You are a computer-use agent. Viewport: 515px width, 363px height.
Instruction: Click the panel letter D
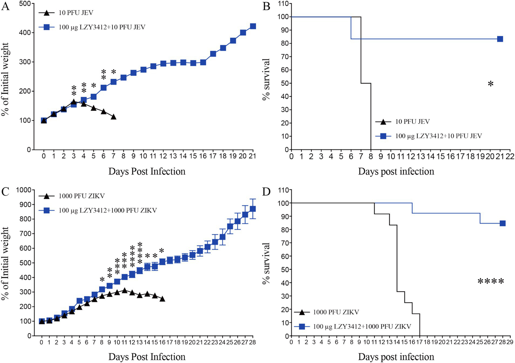(x=266, y=192)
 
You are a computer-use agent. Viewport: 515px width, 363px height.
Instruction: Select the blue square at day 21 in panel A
(x=253, y=27)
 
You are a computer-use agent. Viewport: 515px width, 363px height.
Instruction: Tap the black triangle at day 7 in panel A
(x=113, y=117)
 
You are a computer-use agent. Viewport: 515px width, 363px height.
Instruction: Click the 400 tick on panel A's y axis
(x=27, y=33)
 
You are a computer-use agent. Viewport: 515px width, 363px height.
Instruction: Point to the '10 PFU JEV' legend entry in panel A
(x=76, y=13)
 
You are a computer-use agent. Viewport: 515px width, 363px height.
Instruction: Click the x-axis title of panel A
(x=147, y=171)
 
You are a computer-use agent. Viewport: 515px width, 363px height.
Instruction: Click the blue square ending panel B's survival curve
(x=500, y=39)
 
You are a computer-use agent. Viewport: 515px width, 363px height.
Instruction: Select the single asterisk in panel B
(x=491, y=84)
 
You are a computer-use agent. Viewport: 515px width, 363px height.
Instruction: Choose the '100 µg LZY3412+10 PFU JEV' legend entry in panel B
(x=438, y=136)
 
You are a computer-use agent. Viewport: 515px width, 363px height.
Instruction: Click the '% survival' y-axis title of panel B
(x=266, y=79)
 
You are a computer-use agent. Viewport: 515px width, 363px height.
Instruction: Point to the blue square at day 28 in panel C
(x=253, y=209)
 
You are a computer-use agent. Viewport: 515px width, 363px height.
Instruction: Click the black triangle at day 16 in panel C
(x=162, y=299)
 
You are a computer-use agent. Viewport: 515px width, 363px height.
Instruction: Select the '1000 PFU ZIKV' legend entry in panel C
(x=82, y=196)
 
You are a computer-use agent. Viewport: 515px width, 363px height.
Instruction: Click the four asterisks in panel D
(x=491, y=282)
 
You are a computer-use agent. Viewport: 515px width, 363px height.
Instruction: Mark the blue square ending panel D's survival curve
(x=502, y=223)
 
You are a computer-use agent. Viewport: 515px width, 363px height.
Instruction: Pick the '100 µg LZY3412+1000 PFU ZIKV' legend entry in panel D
(x=362, y=326)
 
